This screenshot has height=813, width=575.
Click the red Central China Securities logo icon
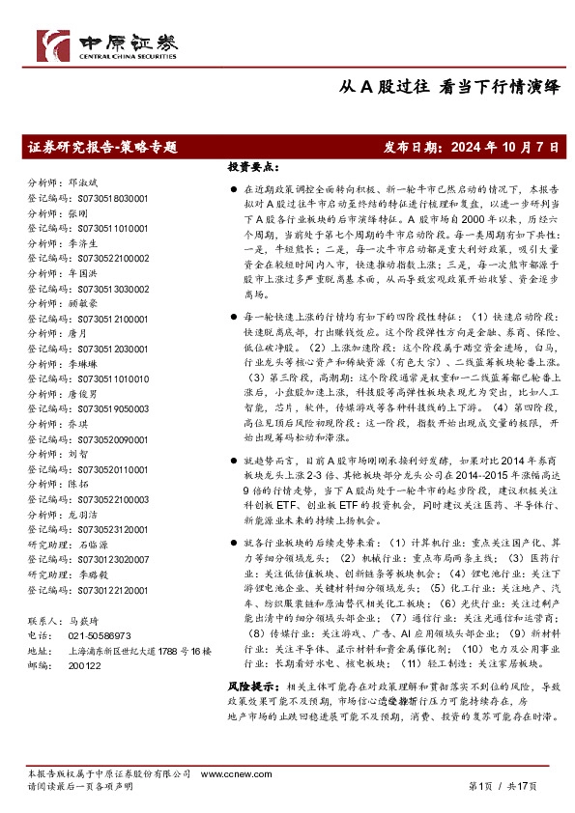[52, 45]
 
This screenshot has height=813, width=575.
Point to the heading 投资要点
[253, 166]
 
